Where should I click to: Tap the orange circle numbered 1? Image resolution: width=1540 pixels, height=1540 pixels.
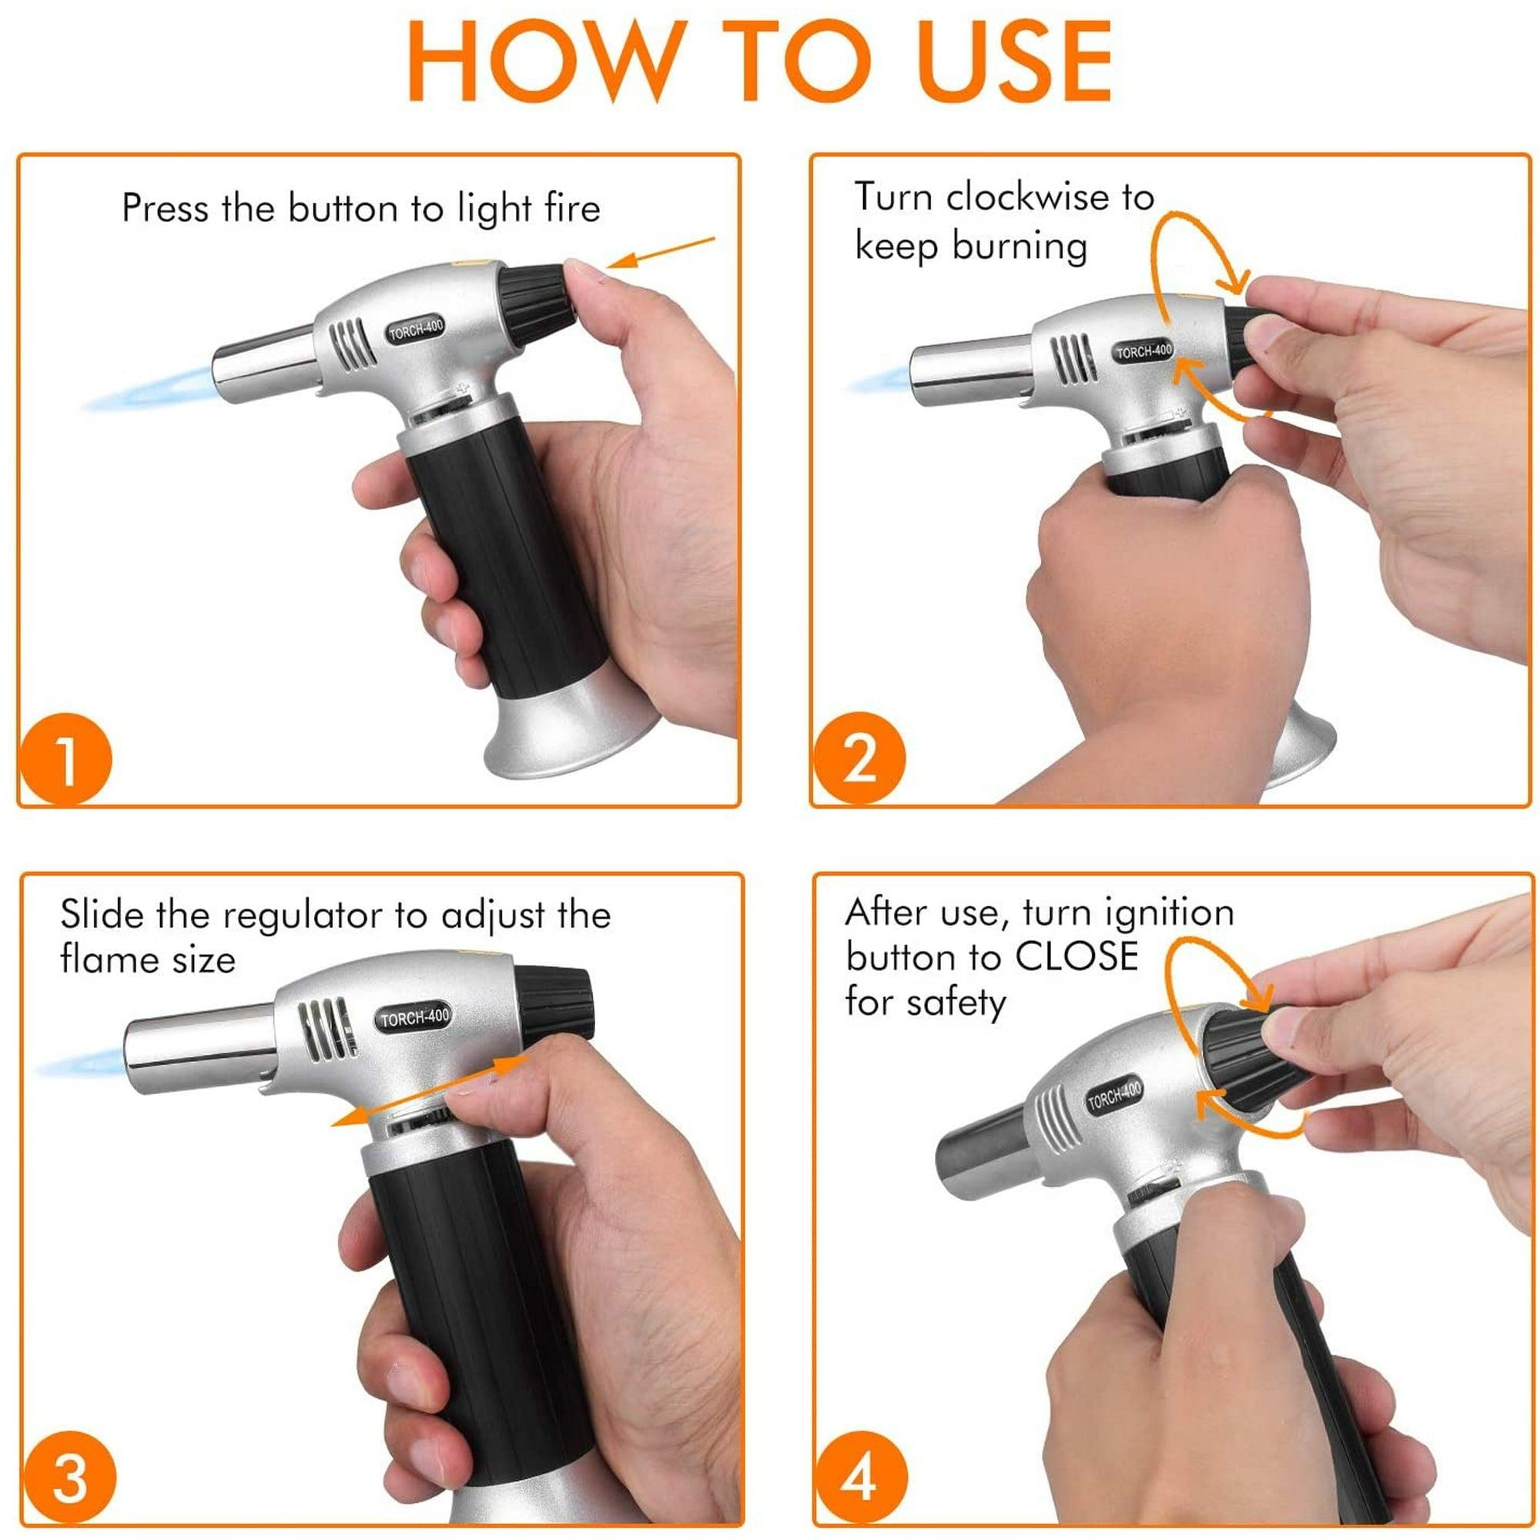[66, 760]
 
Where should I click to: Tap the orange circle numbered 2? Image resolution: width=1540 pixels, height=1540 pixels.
[859, 760]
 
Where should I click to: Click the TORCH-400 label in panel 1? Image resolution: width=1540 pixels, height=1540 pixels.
[415, 330]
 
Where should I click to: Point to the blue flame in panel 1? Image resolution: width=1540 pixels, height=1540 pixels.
[152, 390]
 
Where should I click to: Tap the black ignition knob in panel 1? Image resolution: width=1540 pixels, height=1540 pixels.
[537, 303]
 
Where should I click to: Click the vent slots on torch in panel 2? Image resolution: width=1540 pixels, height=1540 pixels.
[1072, 359]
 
